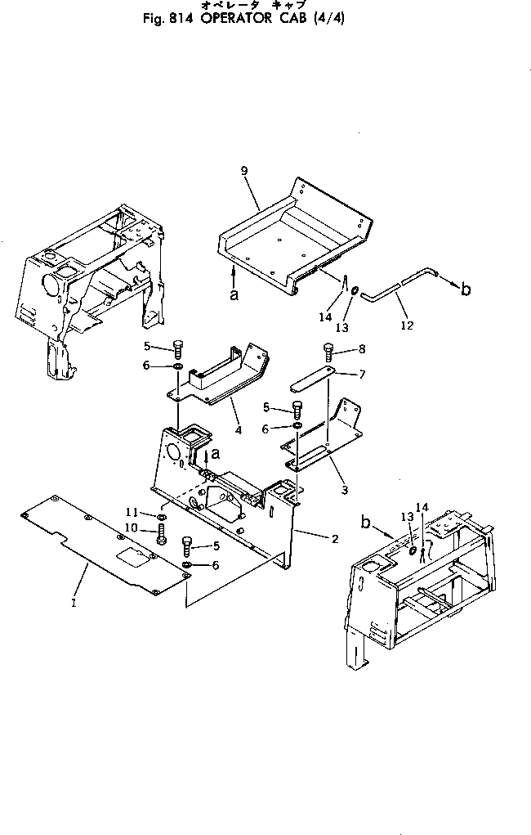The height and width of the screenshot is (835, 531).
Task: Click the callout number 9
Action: click(x=243, y=170)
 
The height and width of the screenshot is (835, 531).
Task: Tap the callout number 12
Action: click(x=408, y=325)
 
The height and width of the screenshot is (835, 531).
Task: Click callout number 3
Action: click(x=344, y=490)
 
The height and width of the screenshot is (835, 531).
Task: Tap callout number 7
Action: click(x=363, y=375)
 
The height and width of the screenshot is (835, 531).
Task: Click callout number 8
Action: click(x=362, y=348)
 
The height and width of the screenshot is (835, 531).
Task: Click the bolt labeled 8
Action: click(x=329, y=352)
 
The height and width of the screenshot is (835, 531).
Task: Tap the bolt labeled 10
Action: click(x=162, y=537)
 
